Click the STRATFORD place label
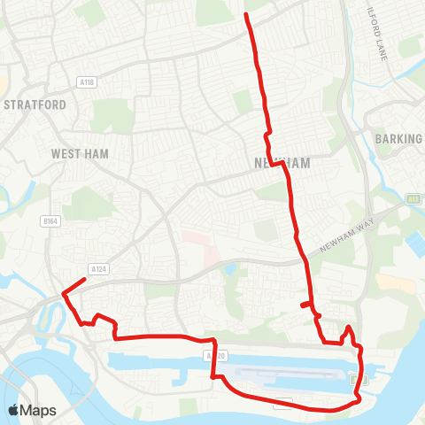35,104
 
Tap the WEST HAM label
80,154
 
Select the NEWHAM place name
282,164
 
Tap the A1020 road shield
210,355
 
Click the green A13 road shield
414,200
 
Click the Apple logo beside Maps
14,411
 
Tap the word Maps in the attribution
38,411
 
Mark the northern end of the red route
245,15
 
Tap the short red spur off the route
305,305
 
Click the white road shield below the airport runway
282,404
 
